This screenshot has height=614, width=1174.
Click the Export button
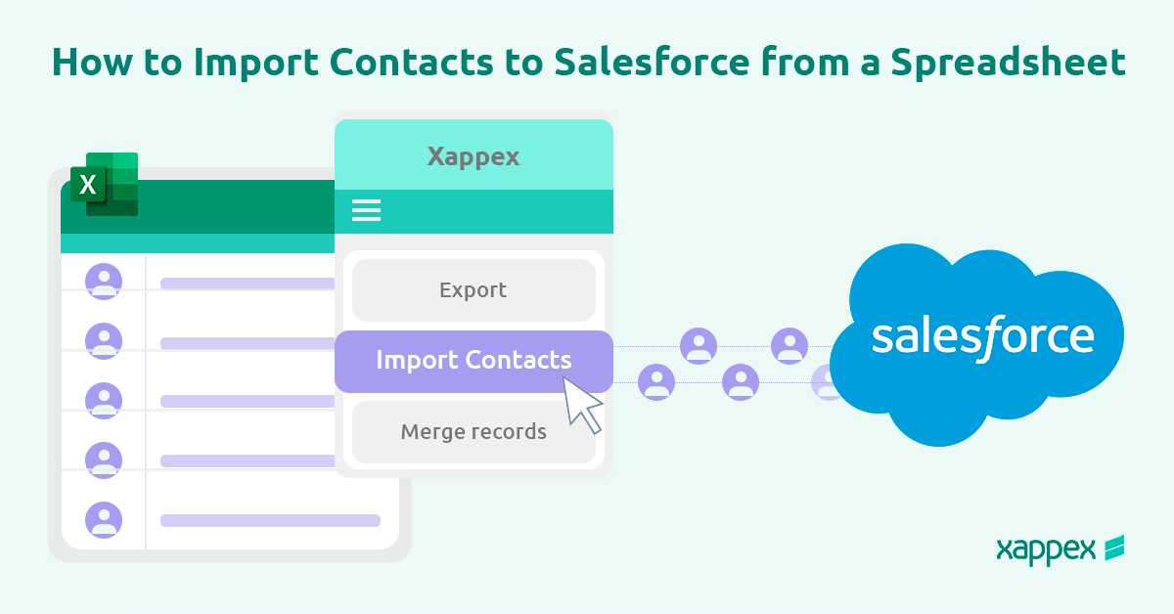[474, 290]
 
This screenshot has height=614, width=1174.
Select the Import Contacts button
[474, 360]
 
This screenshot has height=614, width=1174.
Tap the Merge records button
[474, 431]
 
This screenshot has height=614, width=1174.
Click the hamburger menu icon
[366, 210]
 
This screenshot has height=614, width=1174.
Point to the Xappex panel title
[474, 155]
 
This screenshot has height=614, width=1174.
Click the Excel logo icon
[103, 184]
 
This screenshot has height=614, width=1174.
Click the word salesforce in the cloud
[982, 335]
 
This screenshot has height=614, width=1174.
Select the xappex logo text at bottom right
[1045, 549]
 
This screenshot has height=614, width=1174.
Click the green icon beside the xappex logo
[1113, 548]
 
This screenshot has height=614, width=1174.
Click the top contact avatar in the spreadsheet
[104, 281]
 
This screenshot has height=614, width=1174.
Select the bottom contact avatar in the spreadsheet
[104, 519]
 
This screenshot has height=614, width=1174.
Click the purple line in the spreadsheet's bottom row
[270, 520]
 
